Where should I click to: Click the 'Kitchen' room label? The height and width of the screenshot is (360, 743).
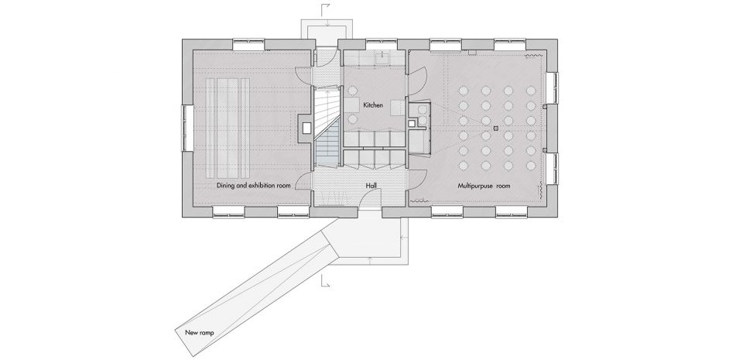click(373, 105)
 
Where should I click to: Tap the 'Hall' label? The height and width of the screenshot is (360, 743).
click(371, 186)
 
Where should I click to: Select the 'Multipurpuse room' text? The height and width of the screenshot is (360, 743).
click(484, 186)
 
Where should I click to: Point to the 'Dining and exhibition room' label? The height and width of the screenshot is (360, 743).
click(254, 185)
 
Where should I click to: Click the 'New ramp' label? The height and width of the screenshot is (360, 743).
click(200, 333)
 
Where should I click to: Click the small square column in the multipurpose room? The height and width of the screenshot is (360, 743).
click(495, 128)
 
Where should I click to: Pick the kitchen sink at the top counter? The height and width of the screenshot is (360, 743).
click(381, 58)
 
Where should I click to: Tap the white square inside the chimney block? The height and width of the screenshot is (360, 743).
click(306, 128)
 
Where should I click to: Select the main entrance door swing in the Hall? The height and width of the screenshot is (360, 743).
click(367, 201)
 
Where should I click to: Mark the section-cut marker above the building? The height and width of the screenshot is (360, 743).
click(326, 9)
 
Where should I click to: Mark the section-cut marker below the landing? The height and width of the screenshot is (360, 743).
click(326, 281)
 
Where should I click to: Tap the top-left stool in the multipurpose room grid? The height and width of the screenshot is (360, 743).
click(464, 90)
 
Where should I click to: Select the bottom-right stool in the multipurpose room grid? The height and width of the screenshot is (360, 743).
click(531, 166)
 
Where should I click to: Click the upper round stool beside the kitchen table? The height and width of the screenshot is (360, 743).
click(353, 90)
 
